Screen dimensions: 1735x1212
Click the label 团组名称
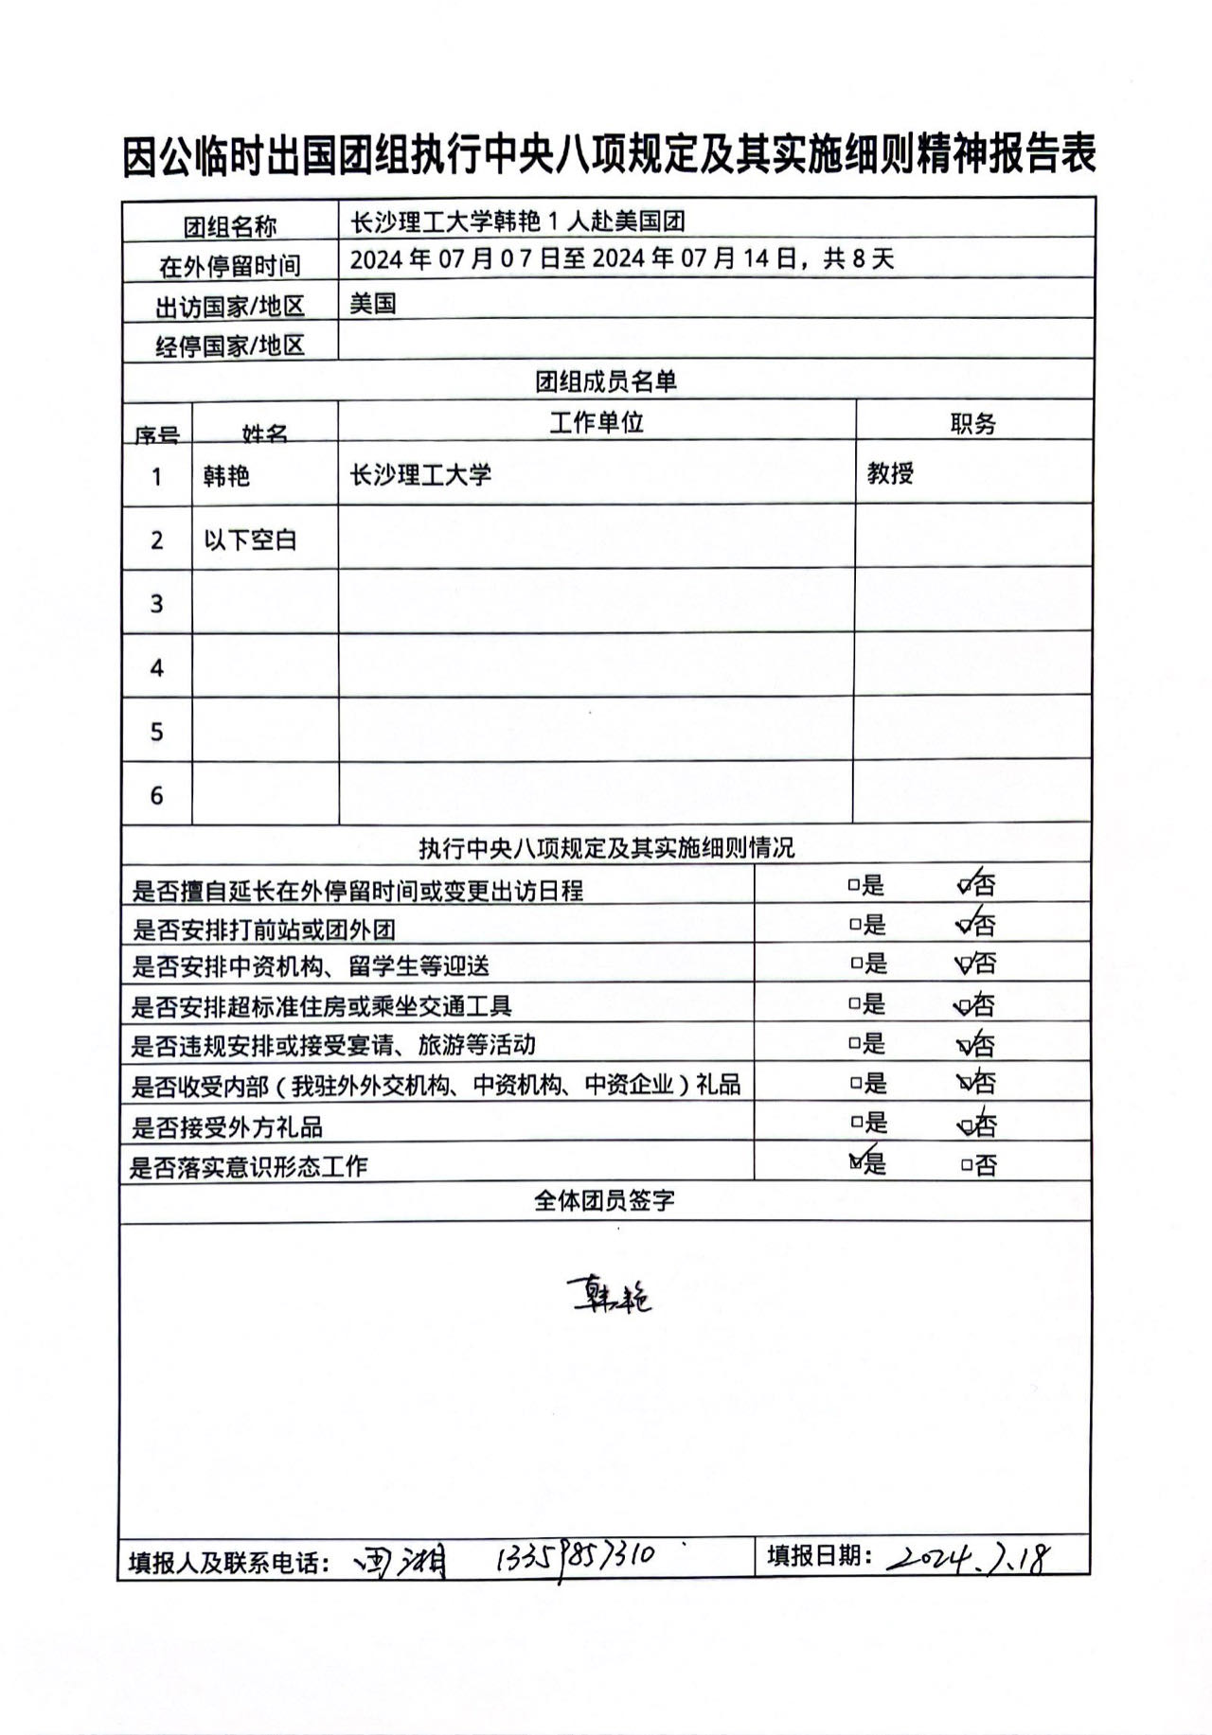point(229,227)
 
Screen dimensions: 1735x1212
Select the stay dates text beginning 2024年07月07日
point(621,259)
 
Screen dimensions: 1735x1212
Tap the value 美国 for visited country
point(372,304)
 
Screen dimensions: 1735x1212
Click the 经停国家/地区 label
point(229,346)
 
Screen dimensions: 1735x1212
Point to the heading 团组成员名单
point(606,381)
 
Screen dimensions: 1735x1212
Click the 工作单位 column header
point(597,422)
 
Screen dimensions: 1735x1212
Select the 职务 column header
point(972,424)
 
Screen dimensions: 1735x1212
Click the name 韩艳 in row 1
point(226,475)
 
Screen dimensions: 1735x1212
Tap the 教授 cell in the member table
point(890,473)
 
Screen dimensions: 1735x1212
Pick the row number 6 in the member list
point(157,795)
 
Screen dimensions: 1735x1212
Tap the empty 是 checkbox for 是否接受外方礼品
point(856,1123)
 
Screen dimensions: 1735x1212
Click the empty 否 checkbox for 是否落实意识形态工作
point(967,1165)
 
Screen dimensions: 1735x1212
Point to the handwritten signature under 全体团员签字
point(609,1296)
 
